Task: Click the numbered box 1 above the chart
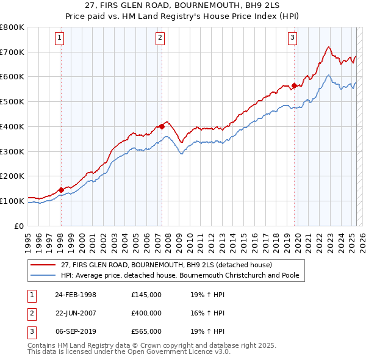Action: pyautogui.click(x=60, y=38)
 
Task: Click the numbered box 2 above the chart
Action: pyautogui.click(x=160, y=38)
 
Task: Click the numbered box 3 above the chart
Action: pyautogui.click(x=293, y=38)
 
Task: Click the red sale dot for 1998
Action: pyautogui.click(x=61, y=190)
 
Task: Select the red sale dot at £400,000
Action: pyautogui.click(x=162, y=126)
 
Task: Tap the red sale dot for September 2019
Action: pyautogui.click(x=294, y=85)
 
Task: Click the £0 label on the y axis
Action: pyautogui.click(x=20, y=226)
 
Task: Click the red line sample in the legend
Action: pyautogui.click(x=43, y=265)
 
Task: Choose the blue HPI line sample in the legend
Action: pyautogui.click(x=43, y=275)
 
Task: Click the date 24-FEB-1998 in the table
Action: pyautogui.click(x=76, y=295)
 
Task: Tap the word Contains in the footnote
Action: pyautogui.click(x=43, y=345)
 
